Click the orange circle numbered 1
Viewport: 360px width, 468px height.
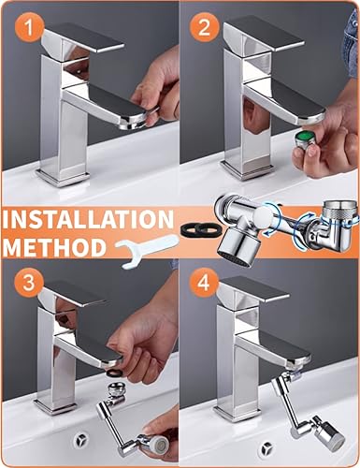(28, 28)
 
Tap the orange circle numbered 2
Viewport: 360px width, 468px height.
(204, 28)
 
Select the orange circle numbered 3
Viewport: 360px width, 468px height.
(29, 284)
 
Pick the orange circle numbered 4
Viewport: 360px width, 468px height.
(204, 284)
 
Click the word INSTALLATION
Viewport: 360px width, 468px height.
(88, 219)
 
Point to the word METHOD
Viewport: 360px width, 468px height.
(54, 247)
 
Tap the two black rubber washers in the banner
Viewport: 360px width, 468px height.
(201, 229)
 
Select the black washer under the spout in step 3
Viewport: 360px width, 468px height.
(115, 373)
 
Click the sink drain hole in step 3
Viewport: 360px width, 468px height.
(82, 440)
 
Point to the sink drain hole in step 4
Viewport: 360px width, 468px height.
(266, 448)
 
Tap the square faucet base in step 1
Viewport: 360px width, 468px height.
(62, 178)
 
